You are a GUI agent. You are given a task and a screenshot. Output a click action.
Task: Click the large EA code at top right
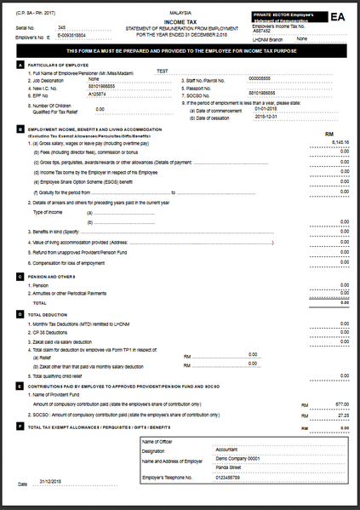pos(338,16)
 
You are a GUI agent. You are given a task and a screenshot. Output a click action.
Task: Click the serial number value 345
pos(61,28)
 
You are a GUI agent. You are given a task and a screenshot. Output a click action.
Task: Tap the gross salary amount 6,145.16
pos(339,142)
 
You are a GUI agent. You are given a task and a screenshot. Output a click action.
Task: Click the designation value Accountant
pos(226,449)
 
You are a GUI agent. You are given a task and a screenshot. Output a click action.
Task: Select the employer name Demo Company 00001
pos(237,458)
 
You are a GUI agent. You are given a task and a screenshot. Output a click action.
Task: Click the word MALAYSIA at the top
pos(180,14)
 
